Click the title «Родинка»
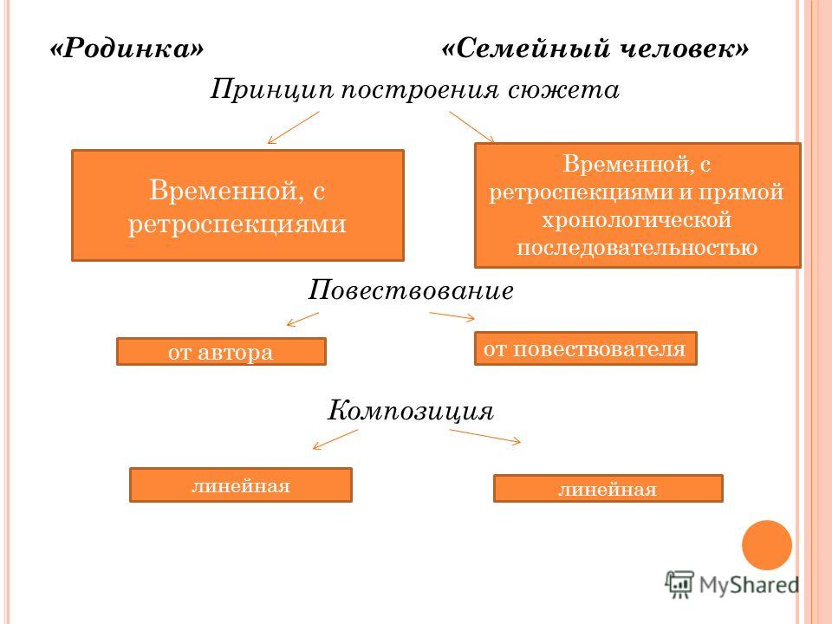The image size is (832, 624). point(127,49)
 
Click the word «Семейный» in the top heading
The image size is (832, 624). point(525,49)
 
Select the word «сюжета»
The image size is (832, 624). point(563,89)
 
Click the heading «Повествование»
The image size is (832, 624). point(411,290)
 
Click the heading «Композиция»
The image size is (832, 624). point(410,411)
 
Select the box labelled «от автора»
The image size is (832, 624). point(221,351)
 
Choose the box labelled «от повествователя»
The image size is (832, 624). point(585,348)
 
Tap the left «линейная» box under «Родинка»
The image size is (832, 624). point(240,484)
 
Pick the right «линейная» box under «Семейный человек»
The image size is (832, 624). point(608,488)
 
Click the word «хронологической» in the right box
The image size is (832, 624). point(636,219)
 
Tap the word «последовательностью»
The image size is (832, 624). point(637,247)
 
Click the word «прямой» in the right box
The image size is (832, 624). point(740,192)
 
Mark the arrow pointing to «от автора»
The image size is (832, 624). point(302,319)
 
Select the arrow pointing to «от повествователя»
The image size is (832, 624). point(452,316)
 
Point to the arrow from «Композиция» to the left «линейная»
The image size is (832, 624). point(335,439)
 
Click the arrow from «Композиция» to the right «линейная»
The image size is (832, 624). point(485,436)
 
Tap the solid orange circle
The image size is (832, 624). point(767,545)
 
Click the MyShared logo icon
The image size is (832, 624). point(679,584)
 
